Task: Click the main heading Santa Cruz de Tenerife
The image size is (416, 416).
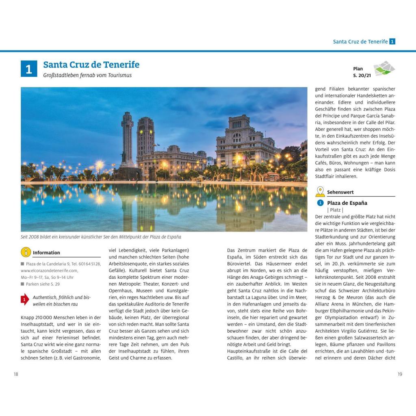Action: tap(91, 65)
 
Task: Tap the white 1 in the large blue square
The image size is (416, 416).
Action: tap(29, 69)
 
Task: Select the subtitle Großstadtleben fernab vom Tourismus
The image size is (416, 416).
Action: tap(87, 75)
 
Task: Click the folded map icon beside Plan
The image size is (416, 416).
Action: tap(384, 68)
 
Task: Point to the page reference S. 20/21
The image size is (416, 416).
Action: tap(362, 75)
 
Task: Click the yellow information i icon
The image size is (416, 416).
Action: tap(26, 252)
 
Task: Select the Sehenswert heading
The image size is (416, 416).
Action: tap(340, 192)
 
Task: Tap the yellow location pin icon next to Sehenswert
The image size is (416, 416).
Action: tap(320, 192)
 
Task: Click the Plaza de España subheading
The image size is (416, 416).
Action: tap(347, 203)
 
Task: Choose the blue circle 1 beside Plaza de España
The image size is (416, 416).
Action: tap(320, 203)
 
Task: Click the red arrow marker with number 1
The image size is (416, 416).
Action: tap(25, 300)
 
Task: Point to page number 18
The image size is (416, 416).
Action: tap(16, 374)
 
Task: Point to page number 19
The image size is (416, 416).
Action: tap(400, 374)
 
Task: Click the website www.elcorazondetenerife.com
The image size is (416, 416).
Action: tap(49, 270)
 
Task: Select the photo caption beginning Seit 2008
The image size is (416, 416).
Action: tap(101, 237)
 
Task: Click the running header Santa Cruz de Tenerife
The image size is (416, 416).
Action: tap(360, 41)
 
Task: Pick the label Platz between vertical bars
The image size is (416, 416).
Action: tap(335, 210)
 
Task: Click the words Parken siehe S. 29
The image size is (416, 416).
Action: tap(43, 284)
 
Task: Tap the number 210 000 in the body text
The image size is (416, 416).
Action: tap(45, 317)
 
